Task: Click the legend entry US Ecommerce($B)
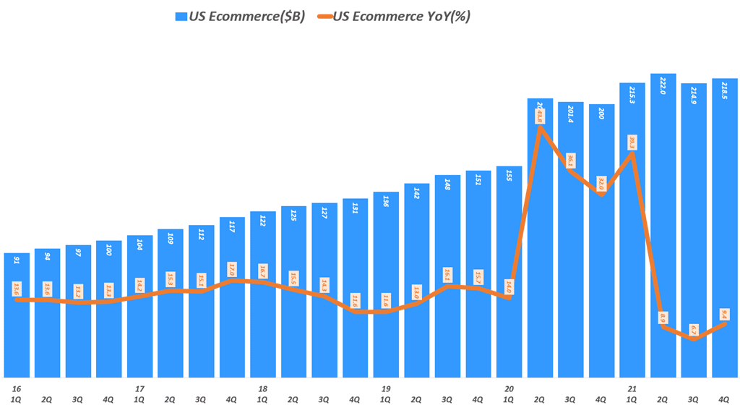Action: pos(238,16)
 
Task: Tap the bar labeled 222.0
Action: pos(663,224)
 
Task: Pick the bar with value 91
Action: pos(17,315)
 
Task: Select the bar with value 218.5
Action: pos(724,228)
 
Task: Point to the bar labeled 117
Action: pos(231,297)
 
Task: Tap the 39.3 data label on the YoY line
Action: pos(632,142)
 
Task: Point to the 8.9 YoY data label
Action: pos(663,317)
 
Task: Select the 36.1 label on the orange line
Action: pos(571,160)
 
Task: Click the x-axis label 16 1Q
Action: pos(16,393)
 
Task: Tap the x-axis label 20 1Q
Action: pos(509,393)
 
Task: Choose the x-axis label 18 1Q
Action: pos(262,393)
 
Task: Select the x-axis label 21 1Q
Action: pos(632,393)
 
